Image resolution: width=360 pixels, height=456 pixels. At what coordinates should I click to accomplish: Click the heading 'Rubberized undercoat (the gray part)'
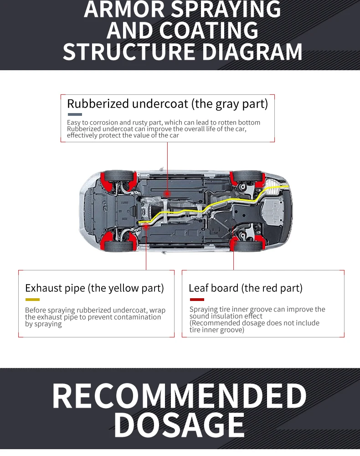point(167,104)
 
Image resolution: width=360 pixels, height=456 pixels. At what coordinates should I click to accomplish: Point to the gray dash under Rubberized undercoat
point(75,114)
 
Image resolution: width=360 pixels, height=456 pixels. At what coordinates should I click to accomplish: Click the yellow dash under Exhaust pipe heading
point(32,300)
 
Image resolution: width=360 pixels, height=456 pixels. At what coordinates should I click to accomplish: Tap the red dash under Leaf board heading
point(197,300)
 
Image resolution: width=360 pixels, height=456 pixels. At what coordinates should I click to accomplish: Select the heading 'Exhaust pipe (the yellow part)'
point(94,288)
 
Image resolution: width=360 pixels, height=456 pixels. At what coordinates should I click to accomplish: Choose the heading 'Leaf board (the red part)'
point(245,288)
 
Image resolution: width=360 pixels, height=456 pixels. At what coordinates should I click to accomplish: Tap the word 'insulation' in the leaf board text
point(227,316)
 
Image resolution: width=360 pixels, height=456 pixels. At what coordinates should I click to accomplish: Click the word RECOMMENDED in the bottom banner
point(180,396)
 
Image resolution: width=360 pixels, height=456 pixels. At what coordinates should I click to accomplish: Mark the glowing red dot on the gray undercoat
point(167,193)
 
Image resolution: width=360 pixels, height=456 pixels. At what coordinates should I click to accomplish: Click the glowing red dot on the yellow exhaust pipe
point(146,225)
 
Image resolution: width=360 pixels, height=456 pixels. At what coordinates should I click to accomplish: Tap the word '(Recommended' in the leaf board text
point(214,323)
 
